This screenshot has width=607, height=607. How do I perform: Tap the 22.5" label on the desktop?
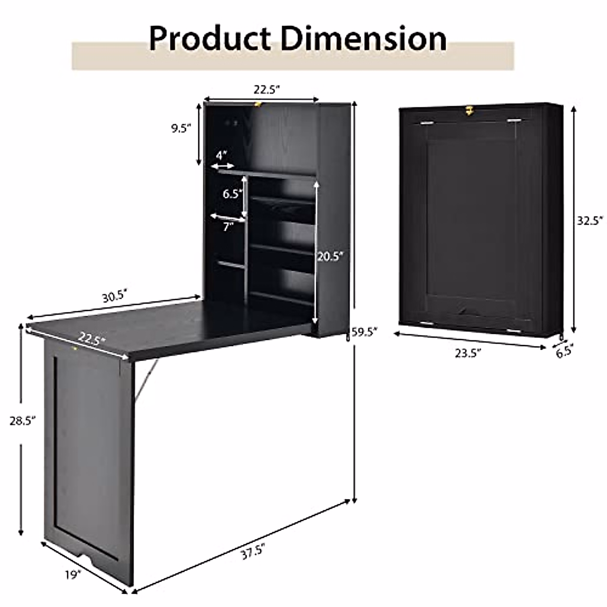pos(92,338)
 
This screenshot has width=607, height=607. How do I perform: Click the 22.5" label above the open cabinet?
pos(267,90)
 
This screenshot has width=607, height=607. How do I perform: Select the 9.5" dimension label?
pos(181,128)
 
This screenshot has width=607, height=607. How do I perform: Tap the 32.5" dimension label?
pos(591,220)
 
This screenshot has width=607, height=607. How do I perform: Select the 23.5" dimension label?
pos(466,353)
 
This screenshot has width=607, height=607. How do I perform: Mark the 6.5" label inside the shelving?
pos(232,194)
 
